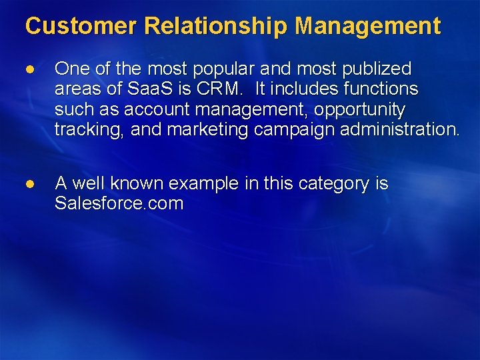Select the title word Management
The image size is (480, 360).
(368, 27)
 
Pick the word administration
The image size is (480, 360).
(399, 129)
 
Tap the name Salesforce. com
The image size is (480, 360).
(119, 203)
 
